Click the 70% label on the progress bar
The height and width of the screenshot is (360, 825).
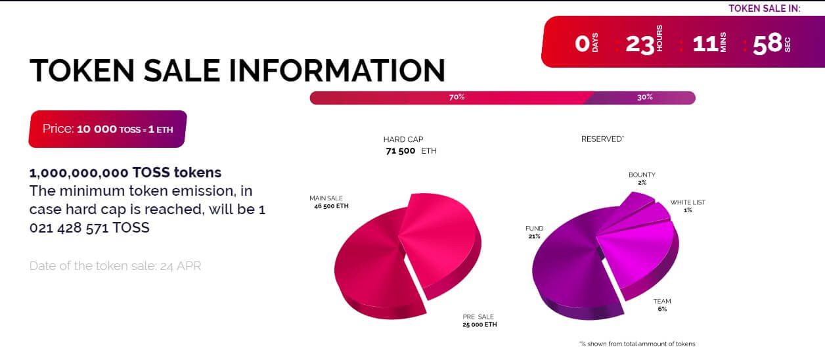(x=457, y=97)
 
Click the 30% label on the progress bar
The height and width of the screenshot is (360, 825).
(x=645, y=97)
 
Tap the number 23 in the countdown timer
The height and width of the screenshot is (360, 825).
(x=640, y=45)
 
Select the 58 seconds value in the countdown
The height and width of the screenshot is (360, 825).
(x=768, y=43)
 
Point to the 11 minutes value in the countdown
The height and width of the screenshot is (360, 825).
(x=705, y=44)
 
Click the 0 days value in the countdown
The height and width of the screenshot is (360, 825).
(x=582, y=43)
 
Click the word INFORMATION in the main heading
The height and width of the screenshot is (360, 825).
(x=337, y=70)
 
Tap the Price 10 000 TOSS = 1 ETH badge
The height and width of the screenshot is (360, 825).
(x=108, y=129)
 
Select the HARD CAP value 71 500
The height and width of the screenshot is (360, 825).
(x=400, y=150)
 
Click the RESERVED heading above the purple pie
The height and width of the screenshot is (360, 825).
(x=602, y=139)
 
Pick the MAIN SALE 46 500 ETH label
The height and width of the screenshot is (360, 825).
(x=329, y=202)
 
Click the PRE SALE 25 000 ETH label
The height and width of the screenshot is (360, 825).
(x=479, y=321)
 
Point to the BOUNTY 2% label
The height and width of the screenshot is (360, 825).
(x=642, y=178)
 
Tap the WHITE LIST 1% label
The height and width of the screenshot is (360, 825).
(x=688, y=206)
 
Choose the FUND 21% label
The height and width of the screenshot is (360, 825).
(x=534, y=232)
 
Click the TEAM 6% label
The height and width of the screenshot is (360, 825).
(x=662, y=305)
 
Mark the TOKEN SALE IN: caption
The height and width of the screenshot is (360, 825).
(x=764, y=9)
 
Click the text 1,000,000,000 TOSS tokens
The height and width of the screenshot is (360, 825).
(x=125, y=173)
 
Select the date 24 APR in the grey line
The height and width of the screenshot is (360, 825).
(x=181, y=265)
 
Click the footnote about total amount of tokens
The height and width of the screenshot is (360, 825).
(x=637, y=344)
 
